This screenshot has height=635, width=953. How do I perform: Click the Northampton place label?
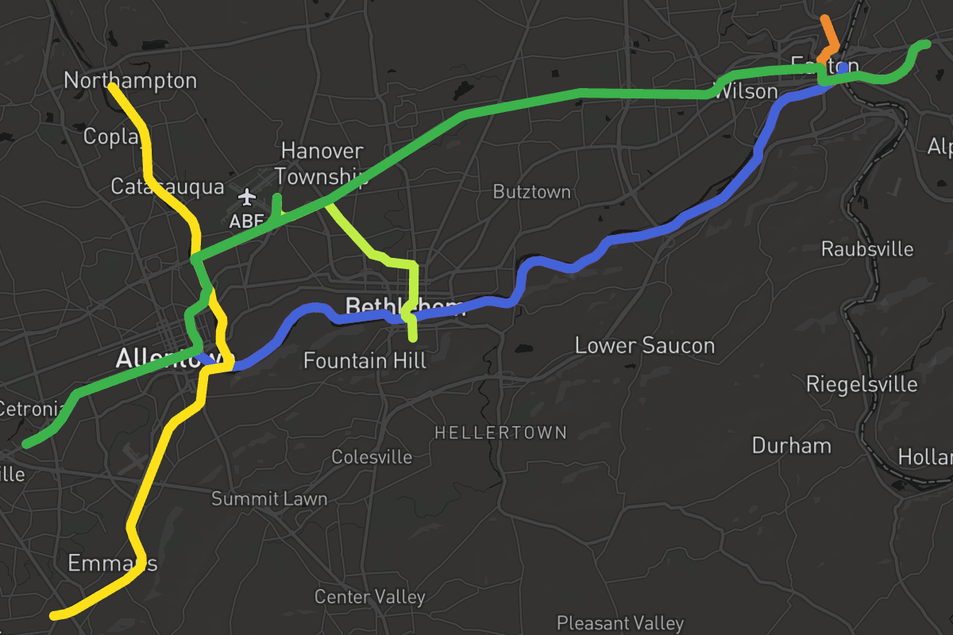(130, 81)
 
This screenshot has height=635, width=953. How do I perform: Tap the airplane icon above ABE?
(248, 196)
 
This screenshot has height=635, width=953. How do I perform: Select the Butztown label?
(531, 192)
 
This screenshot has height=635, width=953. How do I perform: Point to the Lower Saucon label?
(644, 345)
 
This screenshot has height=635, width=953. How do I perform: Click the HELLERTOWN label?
(500, 433)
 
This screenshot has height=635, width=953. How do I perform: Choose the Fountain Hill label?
(365, 360)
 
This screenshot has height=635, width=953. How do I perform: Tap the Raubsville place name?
(867, 249)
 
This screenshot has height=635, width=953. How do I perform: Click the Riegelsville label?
(862, 385)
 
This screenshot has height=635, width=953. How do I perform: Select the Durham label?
(791, 445)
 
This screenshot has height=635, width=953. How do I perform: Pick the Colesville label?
(372, 457)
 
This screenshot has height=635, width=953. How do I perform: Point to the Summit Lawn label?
(269, 499)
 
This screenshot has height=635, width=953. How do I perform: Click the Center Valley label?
(369, 597)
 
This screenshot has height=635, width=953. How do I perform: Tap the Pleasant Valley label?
(619, 623)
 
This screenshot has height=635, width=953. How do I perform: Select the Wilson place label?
(746, 91)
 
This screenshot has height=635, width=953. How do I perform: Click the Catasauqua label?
(167, 187)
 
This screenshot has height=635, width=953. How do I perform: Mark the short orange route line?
(831, 37)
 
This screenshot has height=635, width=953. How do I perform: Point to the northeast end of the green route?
(925, 44)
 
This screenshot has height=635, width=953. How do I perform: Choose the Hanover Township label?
(322, 164)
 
